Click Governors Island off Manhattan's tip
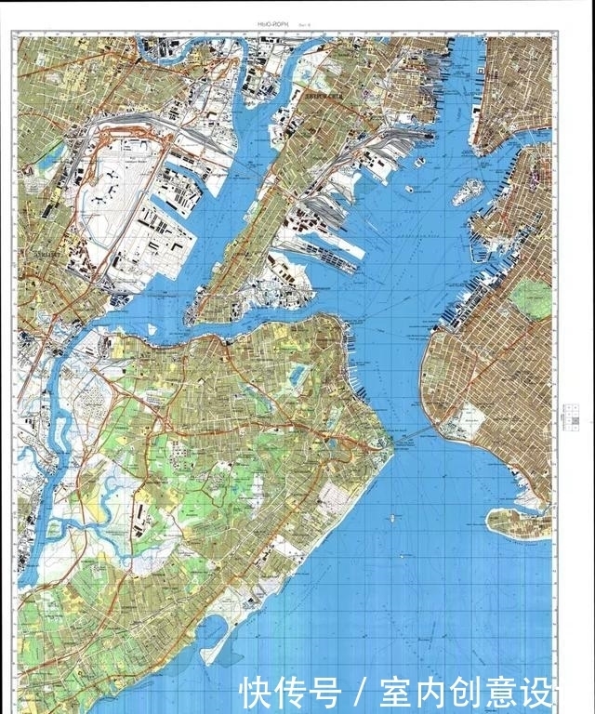[x=467, y=192]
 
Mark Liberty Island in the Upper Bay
[x=408, y=189]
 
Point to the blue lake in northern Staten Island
[x=297, y=377]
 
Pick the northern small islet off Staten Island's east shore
[x=394, y=515]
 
